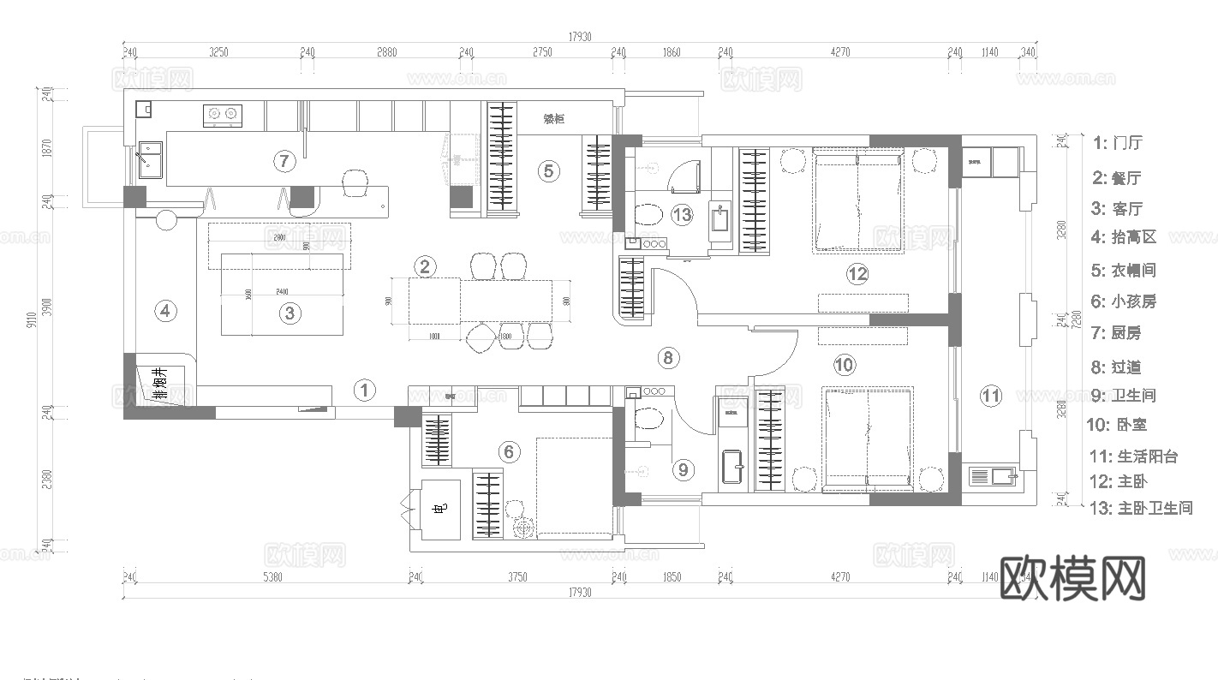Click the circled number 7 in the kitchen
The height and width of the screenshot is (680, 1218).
(x=284, y=160)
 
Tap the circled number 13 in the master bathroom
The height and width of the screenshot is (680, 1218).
(x=682, y=215)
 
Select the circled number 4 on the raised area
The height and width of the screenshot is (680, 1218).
(x=166, y=311)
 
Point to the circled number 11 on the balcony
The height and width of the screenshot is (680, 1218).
(x=991, y=396)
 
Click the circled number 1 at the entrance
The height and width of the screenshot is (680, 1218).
(x=365, y=391)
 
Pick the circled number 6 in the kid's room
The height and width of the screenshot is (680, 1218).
(x=510, y=451)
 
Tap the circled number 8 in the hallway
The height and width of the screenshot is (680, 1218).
(x=669, y=358)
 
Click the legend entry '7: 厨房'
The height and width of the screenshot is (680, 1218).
(x=1117, y=332)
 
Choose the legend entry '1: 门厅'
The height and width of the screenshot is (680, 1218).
(x=1118, y=143)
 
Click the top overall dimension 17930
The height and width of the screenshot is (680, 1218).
(x=580, y=37)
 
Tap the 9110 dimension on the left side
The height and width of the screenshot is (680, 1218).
(x=32, y=319)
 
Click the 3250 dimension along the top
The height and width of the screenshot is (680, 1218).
(x=218, y=52)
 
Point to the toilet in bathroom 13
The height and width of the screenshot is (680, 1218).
(x=648, y=214)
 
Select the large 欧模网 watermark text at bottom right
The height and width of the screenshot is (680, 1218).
(x=1072, y=579)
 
